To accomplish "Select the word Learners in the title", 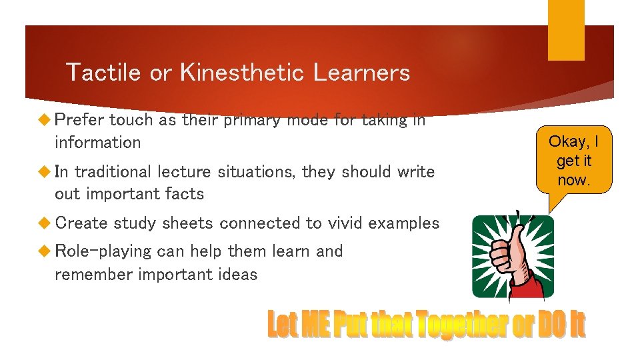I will (361, 72).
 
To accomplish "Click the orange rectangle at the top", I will (566, 29).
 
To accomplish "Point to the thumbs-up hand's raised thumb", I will (514, 230).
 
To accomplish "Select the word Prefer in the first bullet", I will (79, 120).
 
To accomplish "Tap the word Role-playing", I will (103, 251).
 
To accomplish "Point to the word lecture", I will (183, 171).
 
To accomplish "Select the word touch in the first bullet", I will (131, 120).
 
